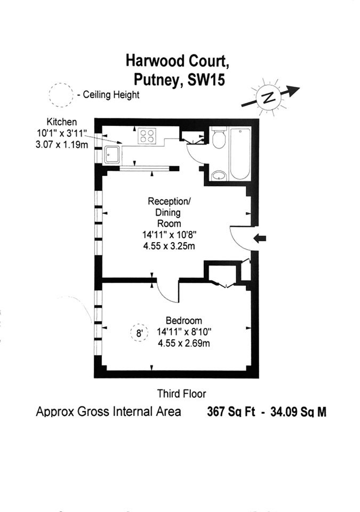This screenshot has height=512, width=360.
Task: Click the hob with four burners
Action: (x=147, y=135)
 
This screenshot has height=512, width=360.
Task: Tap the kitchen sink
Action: (x=112, y=155)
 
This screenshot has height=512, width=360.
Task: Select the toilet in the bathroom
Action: (x=218, y=138)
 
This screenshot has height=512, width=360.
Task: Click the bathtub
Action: (x=241, y=154)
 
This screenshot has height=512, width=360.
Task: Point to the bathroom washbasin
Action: (x=218, y=175)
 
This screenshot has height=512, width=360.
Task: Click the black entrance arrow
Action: (x=260, y=239)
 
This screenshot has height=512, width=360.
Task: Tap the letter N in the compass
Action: (x=268, y=97)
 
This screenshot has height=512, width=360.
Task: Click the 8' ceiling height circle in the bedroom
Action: (x=140, y=333)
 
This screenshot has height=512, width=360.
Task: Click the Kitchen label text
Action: (x=62, y=122)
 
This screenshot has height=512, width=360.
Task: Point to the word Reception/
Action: (x=169, y=201)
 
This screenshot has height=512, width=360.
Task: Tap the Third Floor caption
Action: (x=182, y=394)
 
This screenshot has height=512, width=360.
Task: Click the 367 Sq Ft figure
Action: (x=231, y=412)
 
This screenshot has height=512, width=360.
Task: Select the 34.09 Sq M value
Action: (x=298, y=412)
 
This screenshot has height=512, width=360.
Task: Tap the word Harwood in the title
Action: (x=151, y=61)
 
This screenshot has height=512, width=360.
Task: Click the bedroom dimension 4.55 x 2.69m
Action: (x=183, y=343)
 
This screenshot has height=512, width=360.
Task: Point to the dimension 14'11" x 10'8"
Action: (x=169, y=235)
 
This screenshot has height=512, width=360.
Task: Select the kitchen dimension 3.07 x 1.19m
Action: (x=62, y=145)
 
